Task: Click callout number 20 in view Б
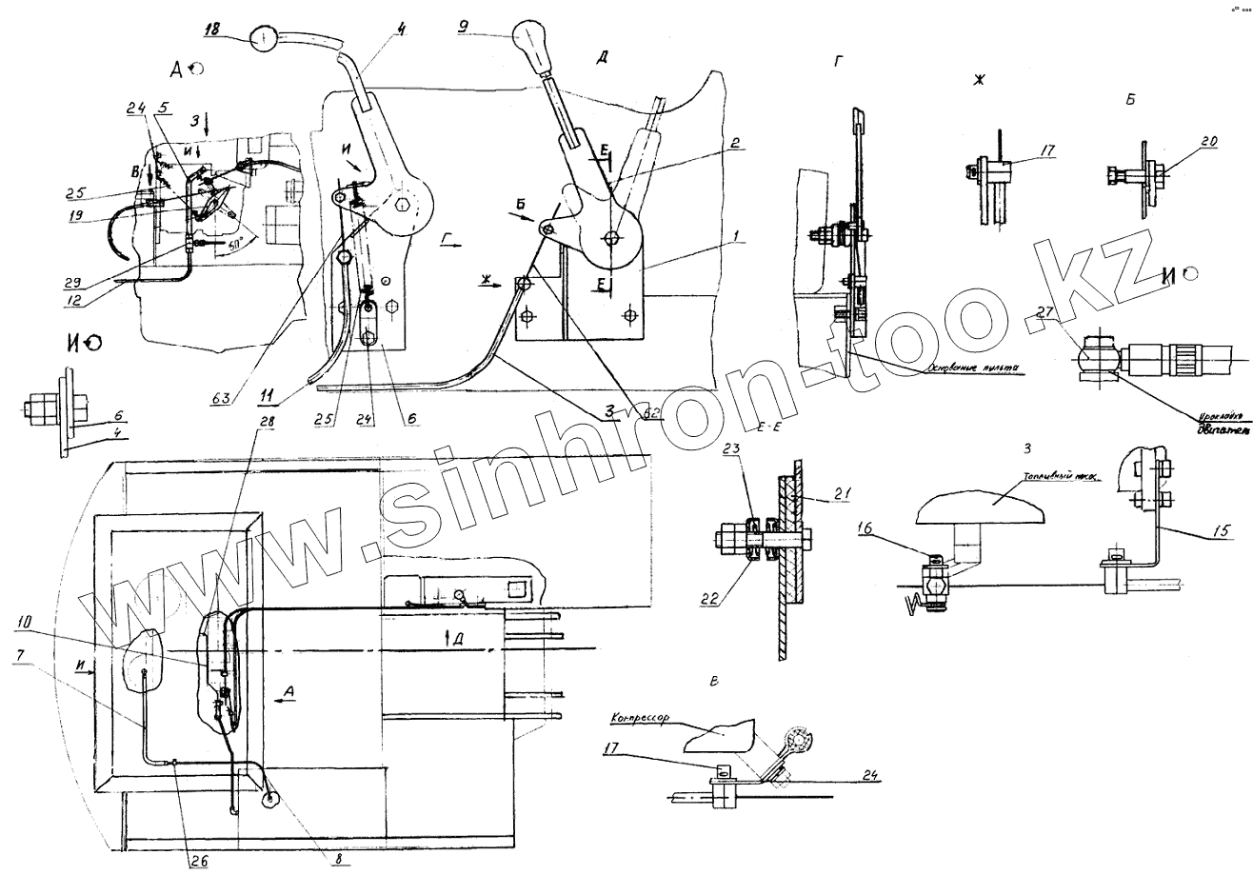[1183, 141]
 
